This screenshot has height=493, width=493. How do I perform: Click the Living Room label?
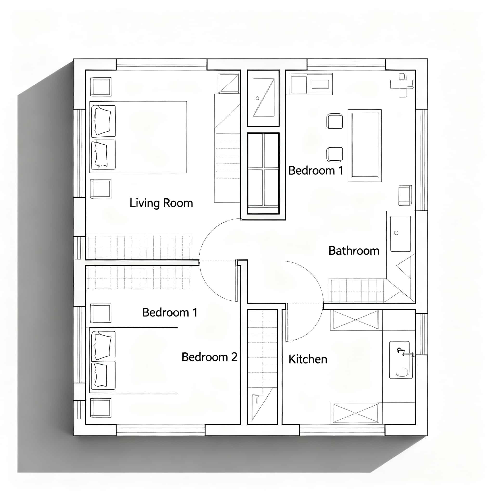pos(161,203)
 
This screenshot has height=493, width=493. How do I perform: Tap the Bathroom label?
pos(354,251)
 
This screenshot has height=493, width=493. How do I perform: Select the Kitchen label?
pos(308,359)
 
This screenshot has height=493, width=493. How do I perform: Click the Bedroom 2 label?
pos(209,357)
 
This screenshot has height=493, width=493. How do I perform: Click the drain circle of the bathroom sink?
pos(396,233)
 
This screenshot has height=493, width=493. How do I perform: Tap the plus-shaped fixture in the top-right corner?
pos(402,85)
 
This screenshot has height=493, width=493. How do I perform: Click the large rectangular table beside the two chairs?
pos(364,145)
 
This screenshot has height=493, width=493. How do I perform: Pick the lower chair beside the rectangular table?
pos(335,154)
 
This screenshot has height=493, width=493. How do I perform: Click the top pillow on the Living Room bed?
pos(103,121)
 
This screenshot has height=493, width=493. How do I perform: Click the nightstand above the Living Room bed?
pos(101,87)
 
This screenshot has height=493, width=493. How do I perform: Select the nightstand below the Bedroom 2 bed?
pos(101,408)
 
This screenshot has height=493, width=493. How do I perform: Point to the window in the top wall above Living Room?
pos(161,64)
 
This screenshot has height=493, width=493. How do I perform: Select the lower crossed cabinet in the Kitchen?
pos(355,413)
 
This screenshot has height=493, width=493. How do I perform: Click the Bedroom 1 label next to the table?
pos(316,171)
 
